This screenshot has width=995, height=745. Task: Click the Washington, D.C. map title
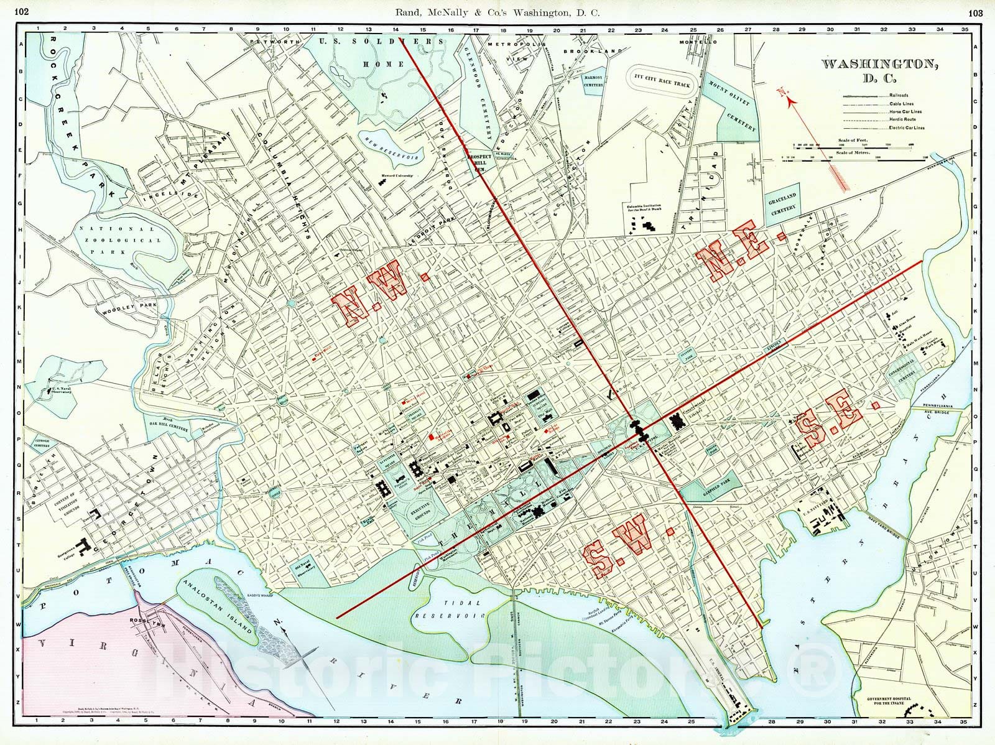pos(879,70)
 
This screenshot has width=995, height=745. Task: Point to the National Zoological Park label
pos(120,240)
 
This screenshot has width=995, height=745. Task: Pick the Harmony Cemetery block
pos(594,82)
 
